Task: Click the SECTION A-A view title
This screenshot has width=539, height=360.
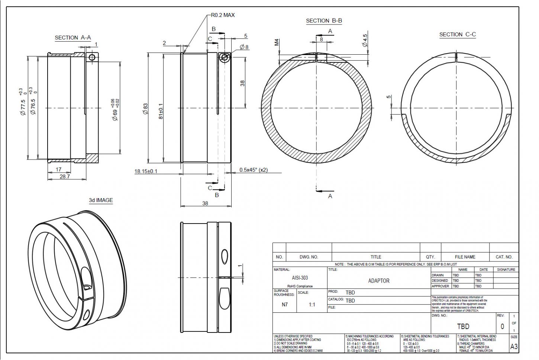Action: click(x=73, y=38)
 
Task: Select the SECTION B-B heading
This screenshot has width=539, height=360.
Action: click(x=324, y=21)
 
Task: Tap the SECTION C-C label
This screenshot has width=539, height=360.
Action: click(x=457, y=35)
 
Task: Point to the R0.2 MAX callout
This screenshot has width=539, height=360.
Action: click(x=223, y=15)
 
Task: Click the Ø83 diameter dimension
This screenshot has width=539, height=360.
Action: click(x=145, y=108)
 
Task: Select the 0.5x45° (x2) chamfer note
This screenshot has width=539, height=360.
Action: click(x=254, y=170)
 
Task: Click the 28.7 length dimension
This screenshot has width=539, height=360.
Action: click(x=65, y=177)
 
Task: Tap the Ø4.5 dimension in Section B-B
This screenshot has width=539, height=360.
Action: click(x=365, y=40)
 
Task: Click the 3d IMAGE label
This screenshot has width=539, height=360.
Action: click(x=101, y=200)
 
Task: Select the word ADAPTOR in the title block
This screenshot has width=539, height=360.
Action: click(x=378, y=281)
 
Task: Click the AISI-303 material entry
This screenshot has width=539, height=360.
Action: click(x=300, y=277)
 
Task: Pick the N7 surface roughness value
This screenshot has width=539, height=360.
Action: click(x=285, y=305)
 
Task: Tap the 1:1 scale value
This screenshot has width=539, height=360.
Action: click(x=312, y=305)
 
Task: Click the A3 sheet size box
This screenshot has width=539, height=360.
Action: click(x=514, y=347)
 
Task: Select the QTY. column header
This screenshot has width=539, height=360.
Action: click(x=430, y=257)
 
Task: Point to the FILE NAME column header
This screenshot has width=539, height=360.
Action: click(x=465, y=257)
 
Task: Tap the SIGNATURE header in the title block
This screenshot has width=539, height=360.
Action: click(x=506, y=270)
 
